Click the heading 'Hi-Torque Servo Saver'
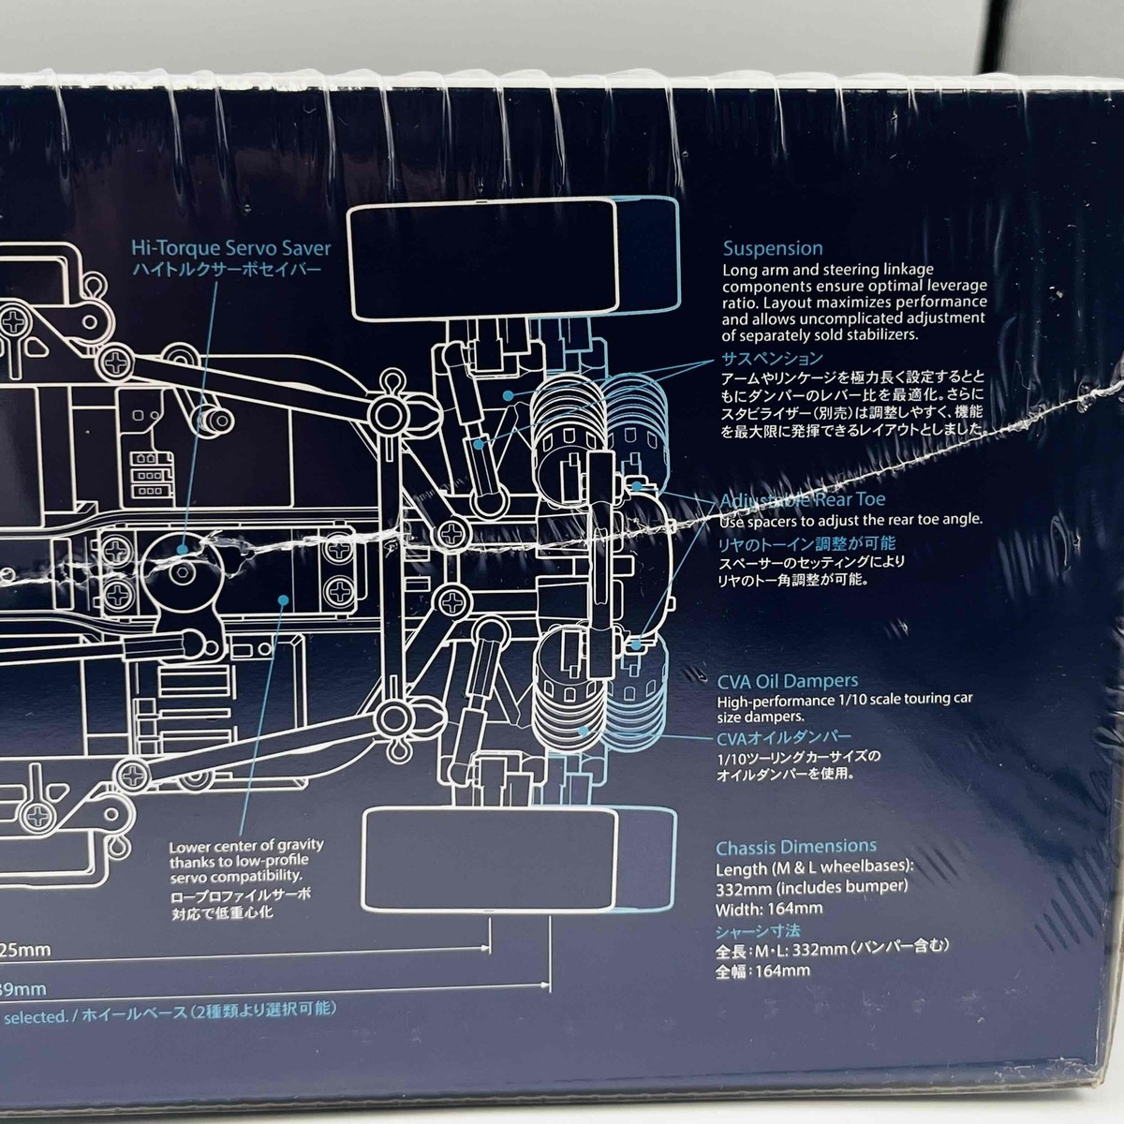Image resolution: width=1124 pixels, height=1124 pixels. coord(230,248)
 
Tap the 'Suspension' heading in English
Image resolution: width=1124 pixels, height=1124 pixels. coord(773,248)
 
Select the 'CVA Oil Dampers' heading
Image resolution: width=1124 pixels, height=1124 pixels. coord(788,681)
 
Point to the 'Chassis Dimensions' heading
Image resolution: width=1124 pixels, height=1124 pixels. coord(796,847)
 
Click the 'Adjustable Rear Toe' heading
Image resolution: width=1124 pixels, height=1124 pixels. coord(803,501)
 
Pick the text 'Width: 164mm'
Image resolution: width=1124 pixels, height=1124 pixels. coord(769,908)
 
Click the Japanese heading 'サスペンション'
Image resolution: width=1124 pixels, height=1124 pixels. coord(772,358)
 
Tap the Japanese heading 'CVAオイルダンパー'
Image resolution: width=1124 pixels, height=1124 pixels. coord(784,737)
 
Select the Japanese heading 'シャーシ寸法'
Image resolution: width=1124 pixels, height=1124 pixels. coord(758,931)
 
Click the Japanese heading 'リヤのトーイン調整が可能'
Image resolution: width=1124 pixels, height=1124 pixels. coord(807,543)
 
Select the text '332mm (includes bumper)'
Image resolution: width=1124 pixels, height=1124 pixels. coord(812,886)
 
